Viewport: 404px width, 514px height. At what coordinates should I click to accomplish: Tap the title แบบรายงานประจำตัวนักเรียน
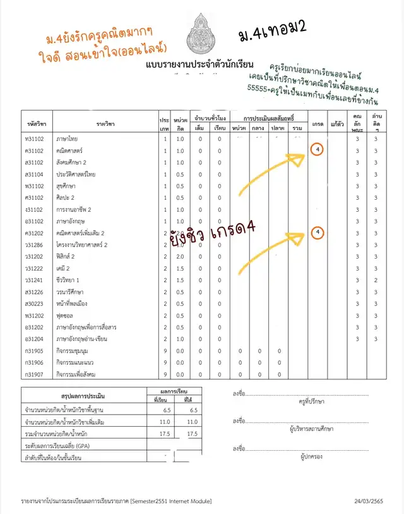(x=199, y=65)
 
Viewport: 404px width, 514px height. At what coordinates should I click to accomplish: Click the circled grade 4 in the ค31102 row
(x=318, y=150)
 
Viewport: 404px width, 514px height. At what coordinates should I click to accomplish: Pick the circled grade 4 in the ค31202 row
(x=318, y=233)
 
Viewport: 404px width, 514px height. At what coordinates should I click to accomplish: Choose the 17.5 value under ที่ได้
(x=194, y=434)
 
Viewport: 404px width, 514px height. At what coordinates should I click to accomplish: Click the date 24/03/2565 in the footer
(x=369, y=501)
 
